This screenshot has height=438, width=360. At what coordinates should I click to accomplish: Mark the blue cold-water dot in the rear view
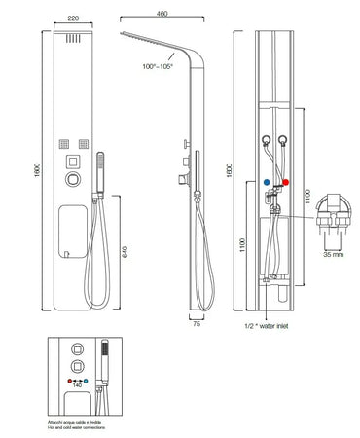click(266, 181)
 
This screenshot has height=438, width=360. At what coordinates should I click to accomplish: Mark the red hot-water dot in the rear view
click(287, 181)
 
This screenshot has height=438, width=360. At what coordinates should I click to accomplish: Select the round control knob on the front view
click(74, 180)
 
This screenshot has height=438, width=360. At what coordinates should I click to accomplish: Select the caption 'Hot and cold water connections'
click(75, 427)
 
